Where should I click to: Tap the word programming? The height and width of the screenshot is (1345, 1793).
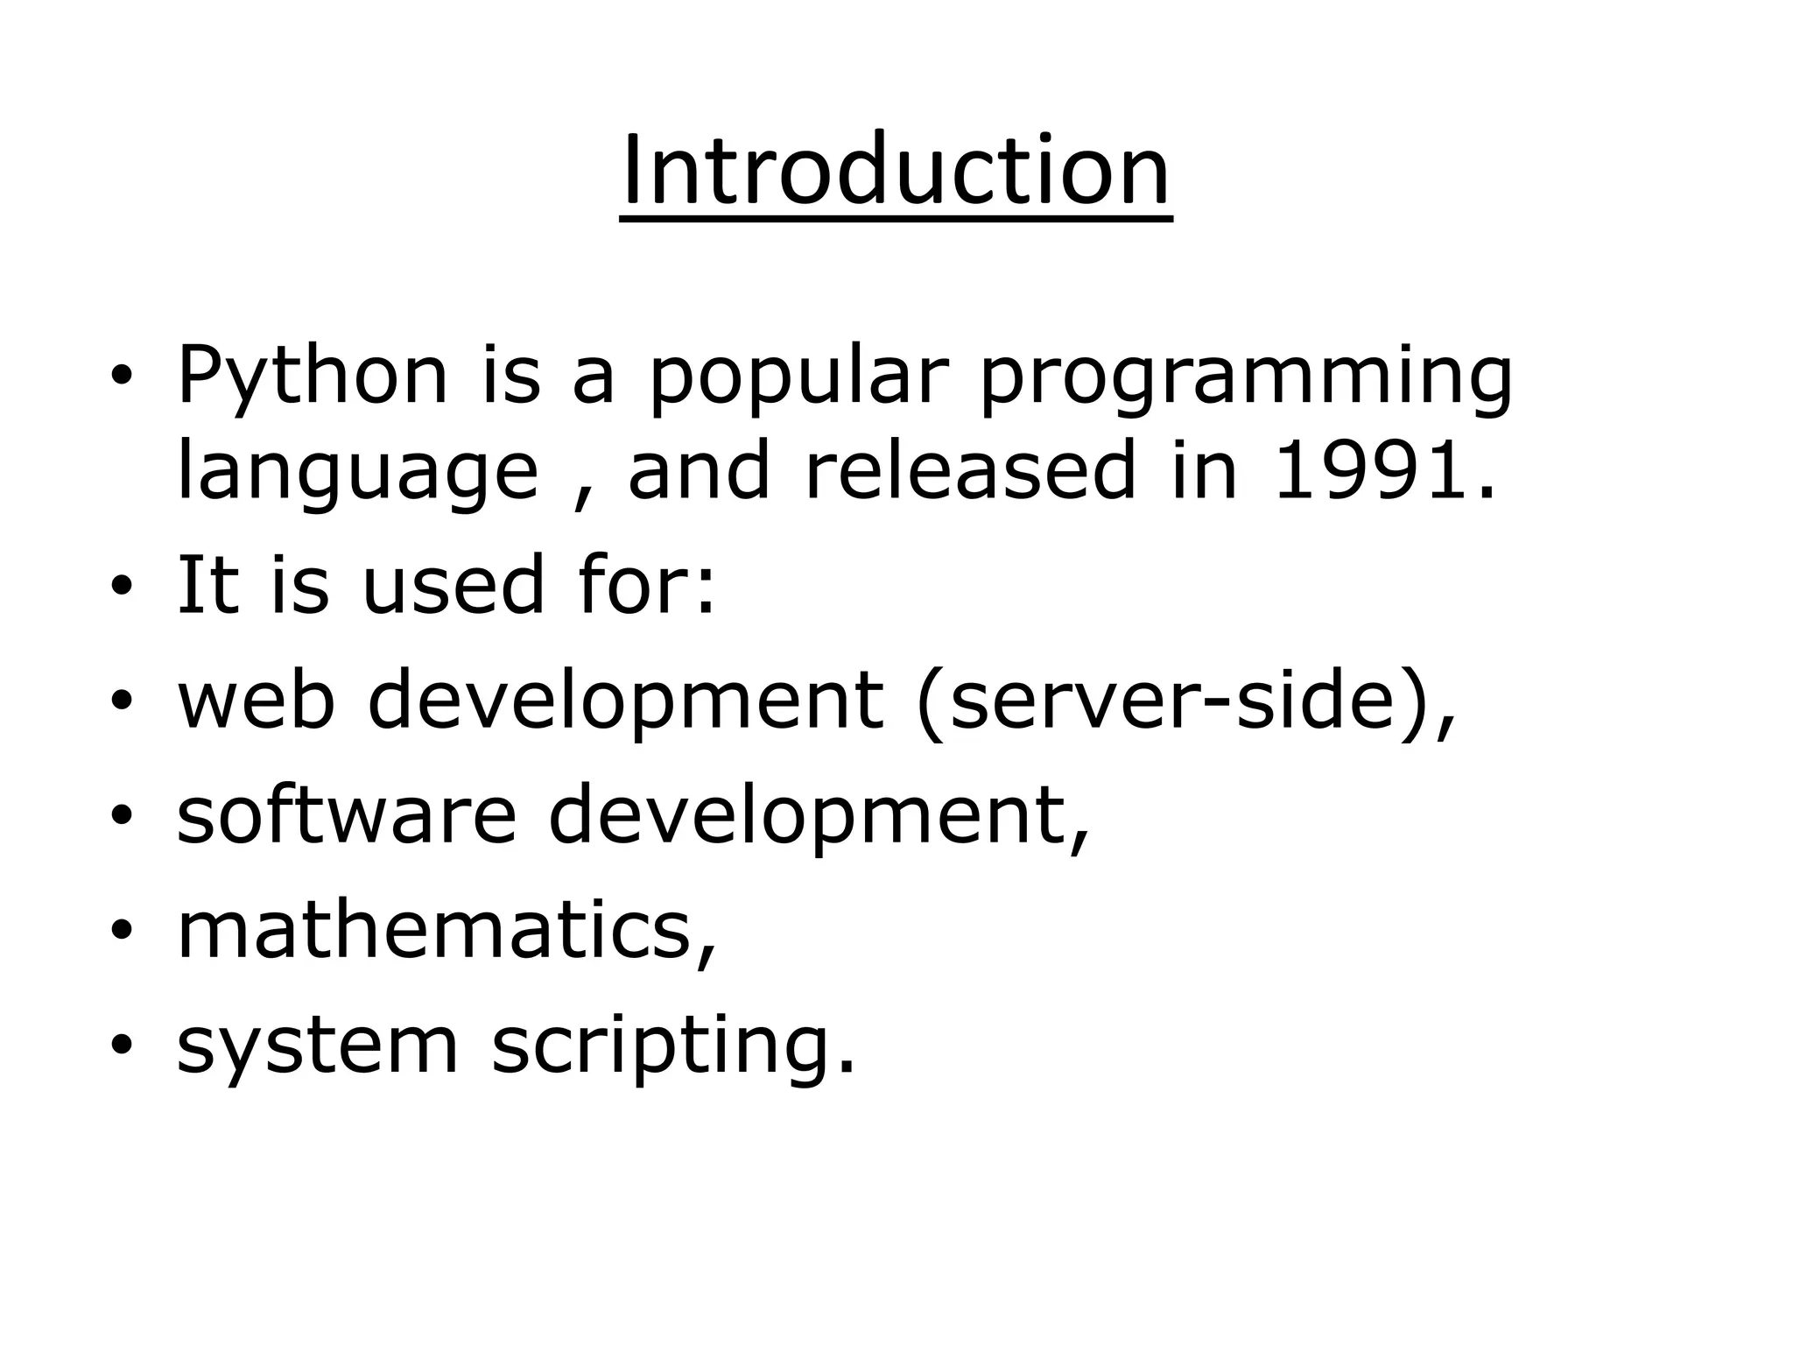1245,378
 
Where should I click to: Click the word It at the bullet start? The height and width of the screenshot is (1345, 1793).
207,584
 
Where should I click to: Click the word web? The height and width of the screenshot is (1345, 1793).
257,700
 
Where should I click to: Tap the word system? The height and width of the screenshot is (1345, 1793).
318,1046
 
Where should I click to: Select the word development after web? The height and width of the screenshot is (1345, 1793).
625,701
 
